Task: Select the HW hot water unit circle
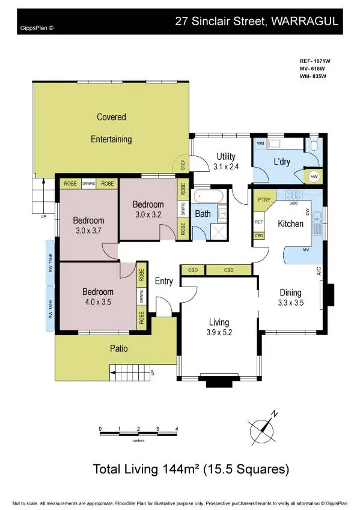[314, 176]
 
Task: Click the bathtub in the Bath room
[209, 196]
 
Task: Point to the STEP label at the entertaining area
[179, 163]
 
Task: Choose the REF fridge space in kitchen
[259, 222]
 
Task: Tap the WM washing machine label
[261, 144]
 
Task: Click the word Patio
[118, 348]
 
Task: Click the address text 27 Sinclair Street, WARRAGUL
[257, 22]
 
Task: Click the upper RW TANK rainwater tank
[50, 261]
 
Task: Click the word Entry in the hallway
[163, 281]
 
